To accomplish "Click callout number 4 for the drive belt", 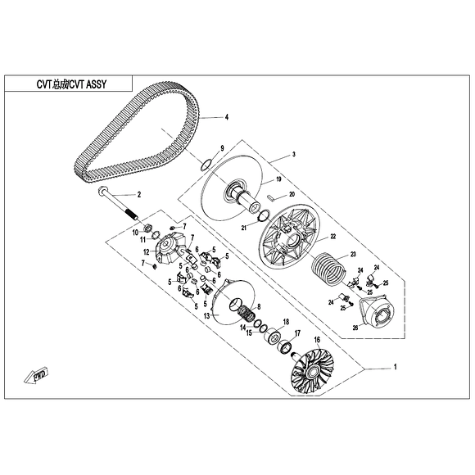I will pos(227,118).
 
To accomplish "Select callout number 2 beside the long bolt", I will pos(140,195).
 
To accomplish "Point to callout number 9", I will pos(221,147).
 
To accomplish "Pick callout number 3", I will pos(294,154).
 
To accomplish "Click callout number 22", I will pos(333,237).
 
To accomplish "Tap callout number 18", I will pos(286,321).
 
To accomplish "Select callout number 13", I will pos(206,315).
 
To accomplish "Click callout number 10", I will pos(136,233).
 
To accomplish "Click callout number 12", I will pos(146,252).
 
